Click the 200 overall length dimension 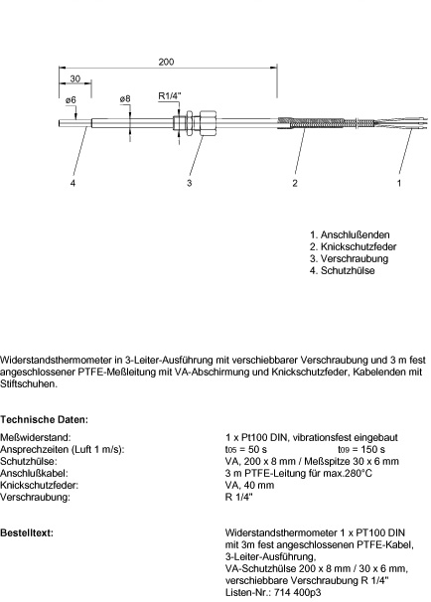pyautogui.click(x=166, y=62)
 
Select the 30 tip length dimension pyautogui.click(x=75, y=78)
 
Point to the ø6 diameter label pyautogui.click(x=71, y=99)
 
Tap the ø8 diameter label pyautogui.click(x=125, y=99)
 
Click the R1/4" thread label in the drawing pyautogui.click(x=169, y=96)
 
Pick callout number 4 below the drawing pyautogui.click(x=72, y=183)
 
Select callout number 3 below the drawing pyautogui.click(x=190, y=183)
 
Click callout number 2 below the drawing pyautogui.click(x=295, y=183)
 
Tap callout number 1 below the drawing pyautogui.click(x=399, y=183)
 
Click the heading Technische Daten pyautogui.click(x=44, y=419)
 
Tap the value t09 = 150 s pyautogui.click(x=361, y=450)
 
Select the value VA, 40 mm pyautogui.click(x=250, y=486)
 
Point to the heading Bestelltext pyautogui.click(x=27, y=532)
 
